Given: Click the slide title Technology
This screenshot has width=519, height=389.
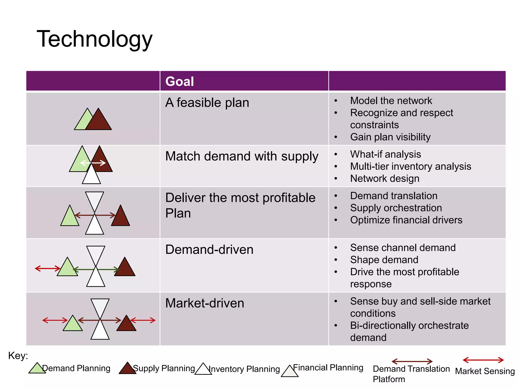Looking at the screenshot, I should pos(95,39).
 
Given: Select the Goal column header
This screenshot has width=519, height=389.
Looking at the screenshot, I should pos(179,81).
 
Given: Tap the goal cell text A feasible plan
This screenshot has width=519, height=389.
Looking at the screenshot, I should pos(207,103).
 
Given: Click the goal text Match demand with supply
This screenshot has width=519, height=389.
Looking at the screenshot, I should pos(242,156).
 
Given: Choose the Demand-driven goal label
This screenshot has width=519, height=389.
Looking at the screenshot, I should pos(209,249).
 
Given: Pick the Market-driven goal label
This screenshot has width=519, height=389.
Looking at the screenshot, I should pos(205,303).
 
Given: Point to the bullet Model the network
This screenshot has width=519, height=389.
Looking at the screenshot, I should pos(391,101).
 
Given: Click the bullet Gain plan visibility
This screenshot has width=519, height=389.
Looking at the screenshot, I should pos(390,137).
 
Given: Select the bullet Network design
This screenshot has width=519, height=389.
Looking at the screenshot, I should pos(384,179).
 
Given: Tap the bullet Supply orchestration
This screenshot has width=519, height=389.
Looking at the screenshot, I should pos(396,208).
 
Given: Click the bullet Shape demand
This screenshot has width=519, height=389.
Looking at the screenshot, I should pos(384,260).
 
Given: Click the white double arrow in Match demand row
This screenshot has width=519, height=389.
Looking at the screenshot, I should pos(93,163).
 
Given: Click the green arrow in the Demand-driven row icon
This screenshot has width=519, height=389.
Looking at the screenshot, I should pos(96,269).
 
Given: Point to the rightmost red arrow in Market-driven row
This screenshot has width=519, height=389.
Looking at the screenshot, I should pos(143,320).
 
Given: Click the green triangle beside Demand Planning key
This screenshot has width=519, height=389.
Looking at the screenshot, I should pos(37,368).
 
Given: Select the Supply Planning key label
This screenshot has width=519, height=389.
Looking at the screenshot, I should pos(164,368).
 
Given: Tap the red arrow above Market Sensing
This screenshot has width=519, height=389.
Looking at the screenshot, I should pos(483,360).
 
